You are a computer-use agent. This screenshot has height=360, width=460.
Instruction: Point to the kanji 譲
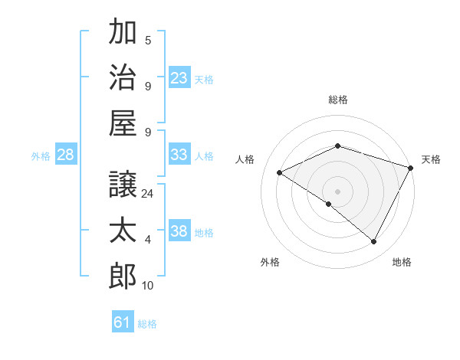pos(122,185)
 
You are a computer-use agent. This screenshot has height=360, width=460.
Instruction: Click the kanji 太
pos(122,231)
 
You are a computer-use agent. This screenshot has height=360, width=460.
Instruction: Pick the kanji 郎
pos(122,275)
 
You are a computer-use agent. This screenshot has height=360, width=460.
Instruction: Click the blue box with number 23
pos(179,77)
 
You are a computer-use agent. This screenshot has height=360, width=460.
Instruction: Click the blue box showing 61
pos(123,322)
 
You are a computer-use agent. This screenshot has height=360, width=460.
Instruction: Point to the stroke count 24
pos(149,194)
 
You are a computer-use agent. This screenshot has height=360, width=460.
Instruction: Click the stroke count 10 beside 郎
pos(149,286)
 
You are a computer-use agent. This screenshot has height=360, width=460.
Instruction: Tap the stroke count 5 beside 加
pos(148,41)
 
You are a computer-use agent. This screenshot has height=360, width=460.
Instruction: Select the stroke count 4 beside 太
pos(148,240)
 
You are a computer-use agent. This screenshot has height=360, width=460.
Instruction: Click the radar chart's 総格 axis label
pos(338,100)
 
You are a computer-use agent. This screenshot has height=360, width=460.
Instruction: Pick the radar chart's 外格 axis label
pos(270,263)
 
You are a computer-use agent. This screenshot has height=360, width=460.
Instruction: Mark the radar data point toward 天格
pos(412,168)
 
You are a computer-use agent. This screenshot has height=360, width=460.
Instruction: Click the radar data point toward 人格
pos(280,173)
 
